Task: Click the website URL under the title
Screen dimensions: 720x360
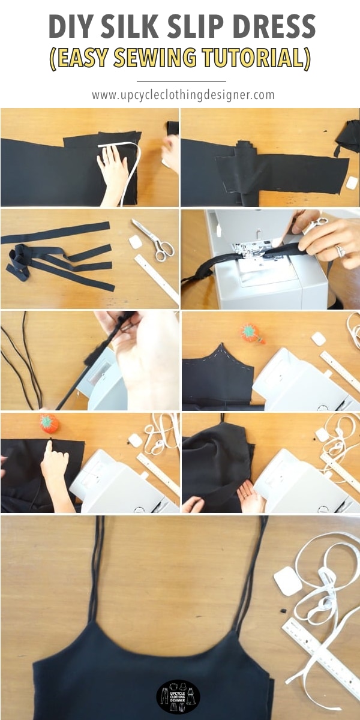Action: click(183, 95)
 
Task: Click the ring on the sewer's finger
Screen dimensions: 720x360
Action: click(340, 251)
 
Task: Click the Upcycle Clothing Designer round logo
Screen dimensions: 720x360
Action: click(178, 697)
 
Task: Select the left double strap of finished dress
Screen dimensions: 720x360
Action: click(95, 570)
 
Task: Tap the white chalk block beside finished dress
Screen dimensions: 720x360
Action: click(287, 581)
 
